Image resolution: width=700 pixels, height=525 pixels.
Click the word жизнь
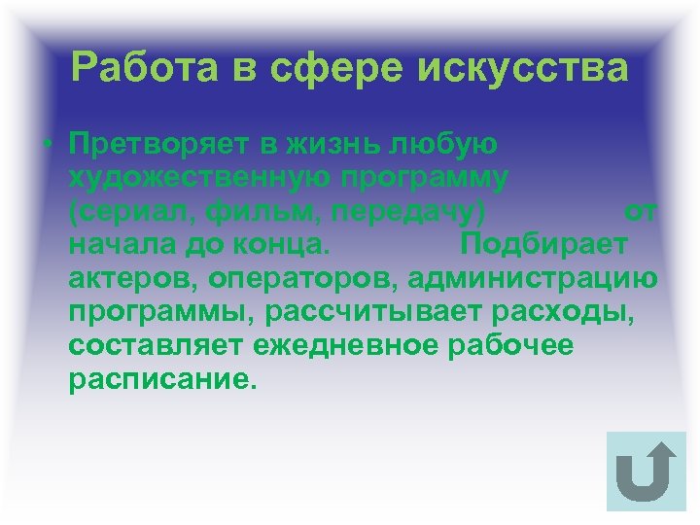click(x=332, y=146)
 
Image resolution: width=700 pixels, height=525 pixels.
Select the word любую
click(x=445, y=146)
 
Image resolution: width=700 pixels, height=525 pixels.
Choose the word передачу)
click(x=404, y=210)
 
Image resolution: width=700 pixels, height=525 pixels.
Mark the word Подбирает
click(x=544, y=241)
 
